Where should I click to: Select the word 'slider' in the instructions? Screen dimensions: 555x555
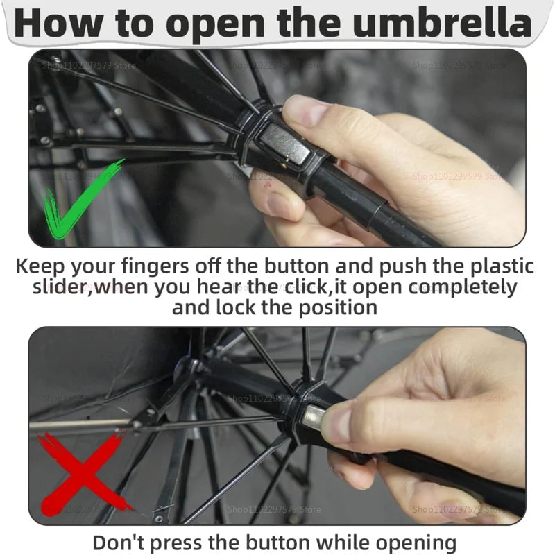coord(62,287)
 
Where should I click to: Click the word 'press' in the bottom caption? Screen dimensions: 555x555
coord(183,541)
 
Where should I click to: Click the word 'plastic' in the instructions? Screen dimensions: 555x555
coord(496,266)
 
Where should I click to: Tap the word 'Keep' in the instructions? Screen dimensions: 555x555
coord(41,266)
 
